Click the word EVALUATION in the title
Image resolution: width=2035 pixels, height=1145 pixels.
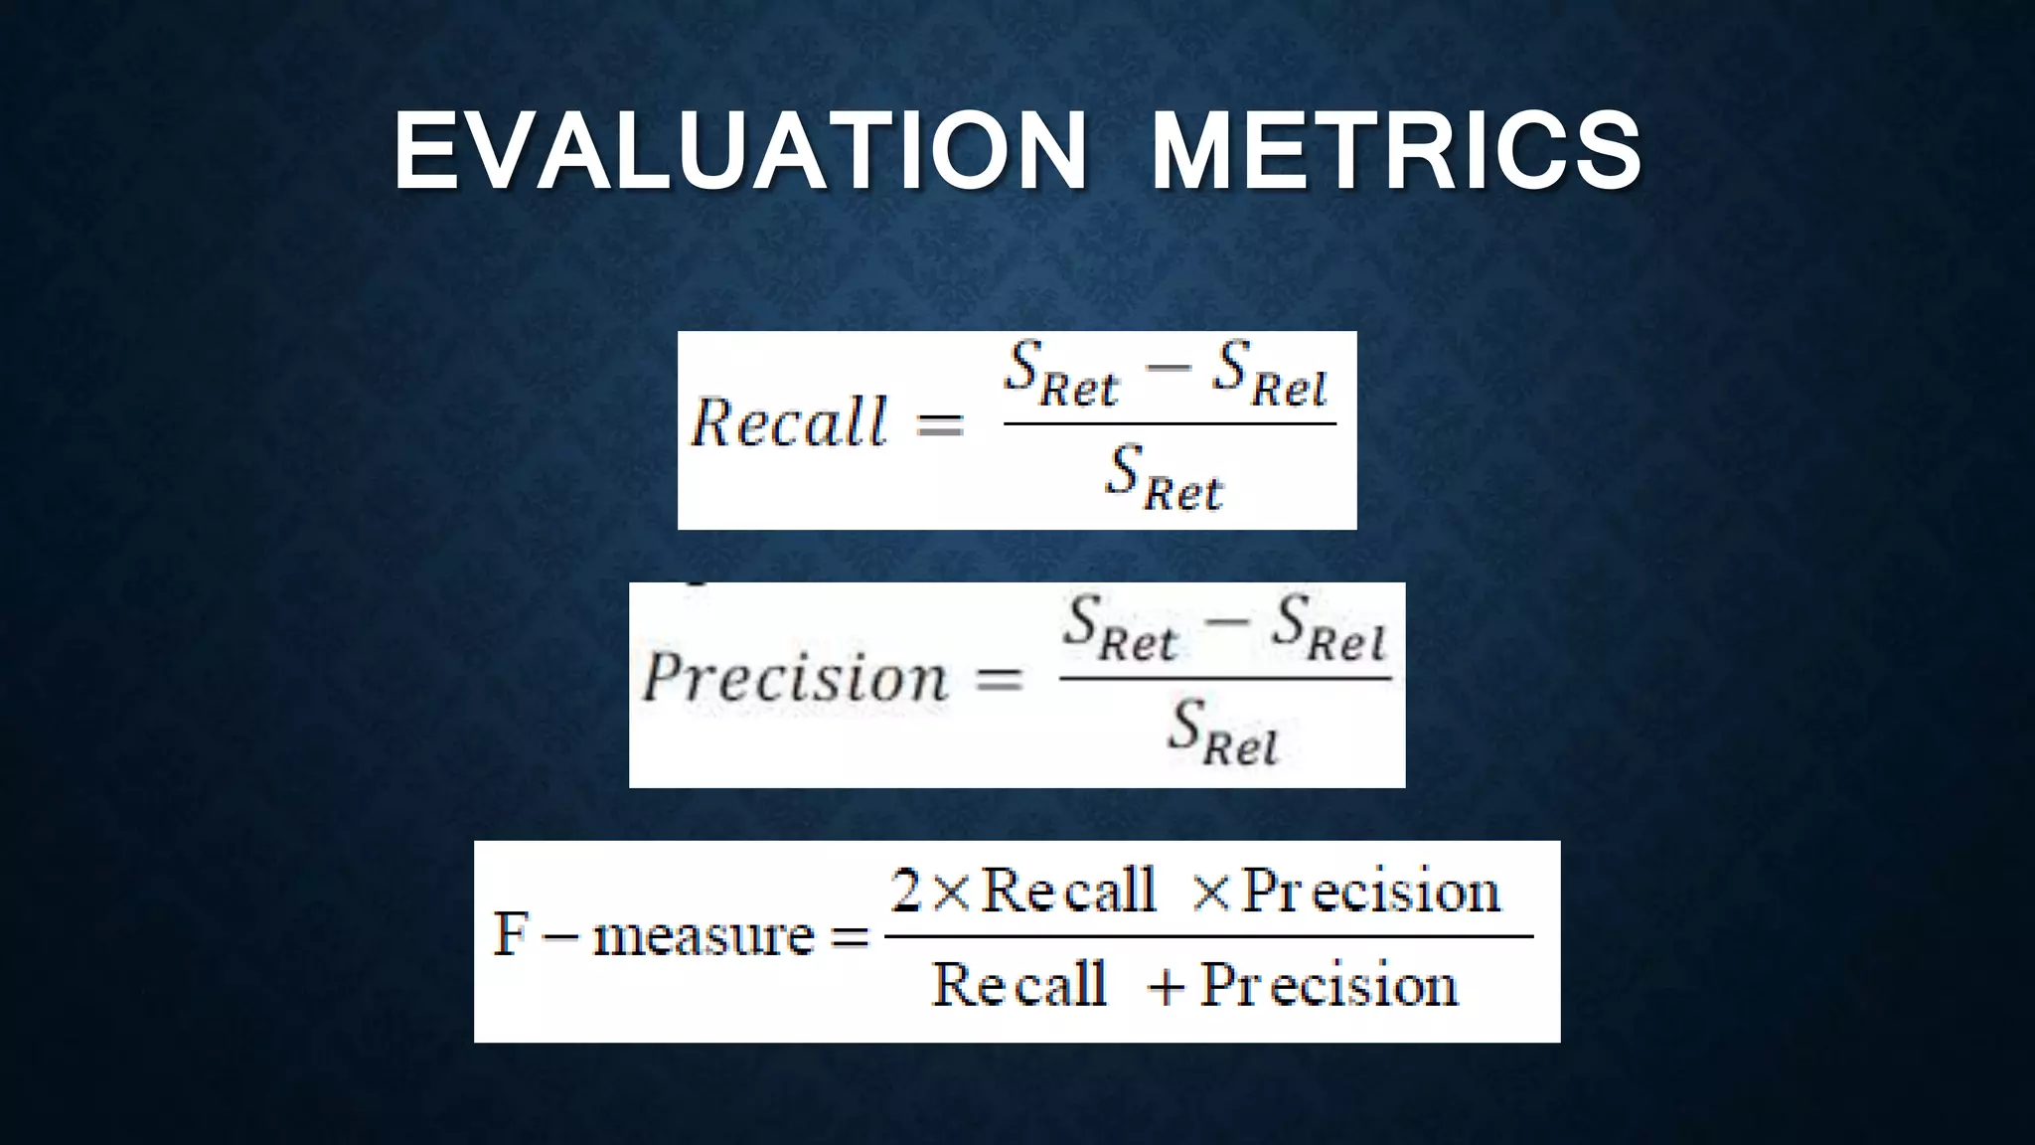pyautogui.click(x=741, y=151)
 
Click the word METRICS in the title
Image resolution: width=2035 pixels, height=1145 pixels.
pyautogui.click(x=1396, y=151)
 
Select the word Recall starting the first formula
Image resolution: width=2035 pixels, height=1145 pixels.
pyautogui.click(x=789, y=422)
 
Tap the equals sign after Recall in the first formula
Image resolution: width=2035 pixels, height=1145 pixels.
pyautogui.click(x=939, y=424)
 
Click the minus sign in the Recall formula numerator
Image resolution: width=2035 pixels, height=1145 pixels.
pyautogui.click(x=1168, y=366)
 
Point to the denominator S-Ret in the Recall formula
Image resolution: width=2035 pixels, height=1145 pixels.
pyautogui.click(x=1165, y=479)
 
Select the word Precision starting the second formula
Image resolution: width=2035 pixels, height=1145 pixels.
pyautogui.click(x=796, y=678)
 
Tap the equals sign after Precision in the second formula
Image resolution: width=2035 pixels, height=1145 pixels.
pyautogui.click(x=998, y=680)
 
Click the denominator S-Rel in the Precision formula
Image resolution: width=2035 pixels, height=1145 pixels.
pyautogui.click(x=1223, y=735)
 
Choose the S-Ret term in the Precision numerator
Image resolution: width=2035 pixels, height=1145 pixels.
pyautogui.click(x=1120, y=629)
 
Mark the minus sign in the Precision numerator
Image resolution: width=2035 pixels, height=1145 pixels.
pyautogui.click(x=1228, y=621)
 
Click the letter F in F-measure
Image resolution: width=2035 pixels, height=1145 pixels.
pyautogui.click(x=511, y=935)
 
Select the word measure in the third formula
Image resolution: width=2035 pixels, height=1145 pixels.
pyautogui.click(x=704, y=937)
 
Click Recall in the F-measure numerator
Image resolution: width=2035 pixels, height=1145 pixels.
pyautogui.click(x=1069, y=890)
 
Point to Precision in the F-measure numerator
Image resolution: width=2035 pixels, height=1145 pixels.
pyautogui.click(x=1371, y=891)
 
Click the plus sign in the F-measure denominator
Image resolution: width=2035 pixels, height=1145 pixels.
pyautogui.click(x=1166, y=988)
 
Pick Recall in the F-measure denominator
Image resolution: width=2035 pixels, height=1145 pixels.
pyautogui.click(x=1019, y=985)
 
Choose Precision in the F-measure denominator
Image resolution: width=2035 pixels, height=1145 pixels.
pyautogui.click(x=1330, y=986)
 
